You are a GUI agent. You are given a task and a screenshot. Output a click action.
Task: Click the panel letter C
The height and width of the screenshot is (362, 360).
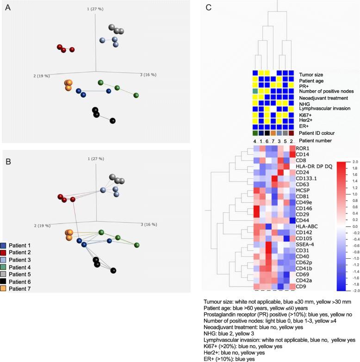[x=208, y=7]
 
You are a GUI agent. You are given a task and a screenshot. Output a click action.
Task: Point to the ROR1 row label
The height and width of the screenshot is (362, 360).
[x=304, y=149]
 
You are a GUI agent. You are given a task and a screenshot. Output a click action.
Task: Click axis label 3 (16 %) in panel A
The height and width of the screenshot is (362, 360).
[x=149, y=75]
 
